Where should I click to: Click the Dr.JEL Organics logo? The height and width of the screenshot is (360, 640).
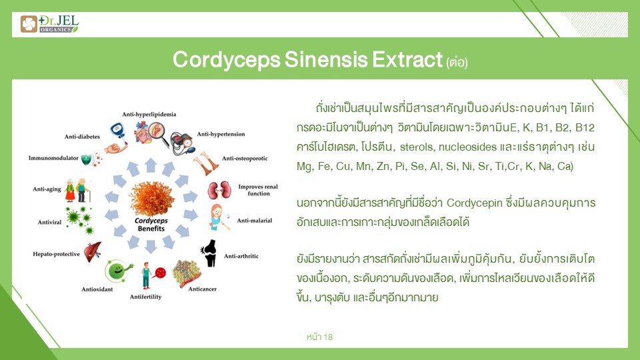click(x=49, y=24)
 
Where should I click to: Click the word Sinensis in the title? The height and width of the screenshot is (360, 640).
click(x=326, y=59)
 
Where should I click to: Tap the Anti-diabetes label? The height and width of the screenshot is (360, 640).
click(x=82, y=137)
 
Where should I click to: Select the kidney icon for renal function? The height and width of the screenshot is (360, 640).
click(x=219, y=190)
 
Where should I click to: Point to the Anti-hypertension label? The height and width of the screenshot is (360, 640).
click(x=221, y=134)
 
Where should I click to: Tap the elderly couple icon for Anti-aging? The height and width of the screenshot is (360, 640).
click(x=77, y=190)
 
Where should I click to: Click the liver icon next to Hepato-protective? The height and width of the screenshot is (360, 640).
click(x=93, y=251)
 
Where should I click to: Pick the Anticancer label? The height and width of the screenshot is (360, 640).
click(x=203, y=289)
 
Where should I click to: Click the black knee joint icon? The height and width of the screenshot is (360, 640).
click(x=209, y=253)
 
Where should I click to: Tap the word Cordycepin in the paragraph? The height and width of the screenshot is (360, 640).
click(x=474, y=203)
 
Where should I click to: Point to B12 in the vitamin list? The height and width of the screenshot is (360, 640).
click(x=585, y=128)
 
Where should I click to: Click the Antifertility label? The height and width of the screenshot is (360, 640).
click(x=146, y=297)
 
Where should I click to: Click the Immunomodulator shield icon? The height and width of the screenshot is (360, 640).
click(x=87, y=159)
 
